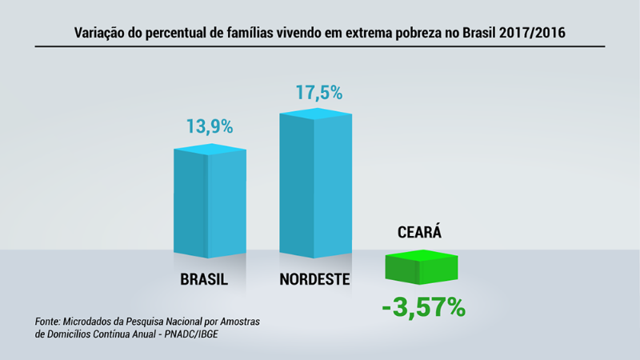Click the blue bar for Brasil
pyautogui.click(x=210, y=204)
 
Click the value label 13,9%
pyautogui.click(x=210, y=126)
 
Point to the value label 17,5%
pyautogui.click(x=319, y=92)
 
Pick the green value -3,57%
pyautogui.click(x=423, y=306)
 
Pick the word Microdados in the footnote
pyautogui.click(x=98, y=321)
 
